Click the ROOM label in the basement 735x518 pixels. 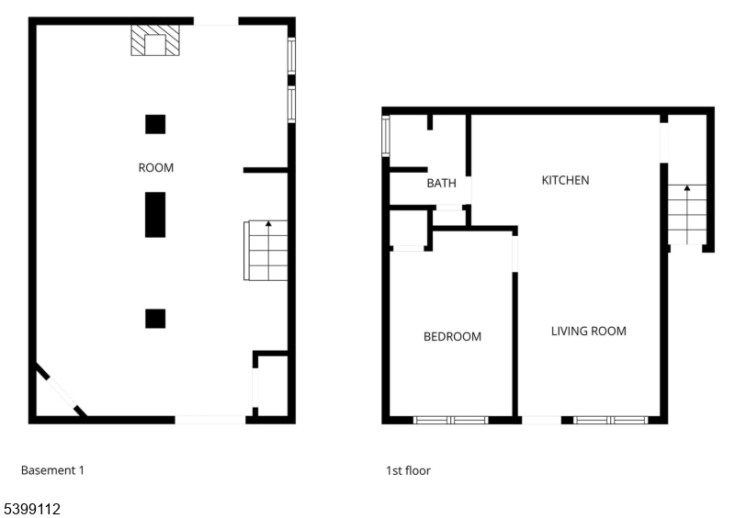155,168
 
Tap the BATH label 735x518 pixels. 441,183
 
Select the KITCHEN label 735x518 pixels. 565,181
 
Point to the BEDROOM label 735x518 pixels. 452,336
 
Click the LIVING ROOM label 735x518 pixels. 588,332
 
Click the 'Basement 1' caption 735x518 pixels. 52,470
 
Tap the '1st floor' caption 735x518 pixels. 408,470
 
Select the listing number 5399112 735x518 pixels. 32,509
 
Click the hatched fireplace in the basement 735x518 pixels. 155,40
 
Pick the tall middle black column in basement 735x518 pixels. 155,215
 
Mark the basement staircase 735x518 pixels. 266,251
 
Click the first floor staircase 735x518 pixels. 687,215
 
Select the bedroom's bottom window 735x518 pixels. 450,420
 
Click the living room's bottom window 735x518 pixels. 610,420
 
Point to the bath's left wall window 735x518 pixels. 386,136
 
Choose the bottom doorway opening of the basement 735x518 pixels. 210,420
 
